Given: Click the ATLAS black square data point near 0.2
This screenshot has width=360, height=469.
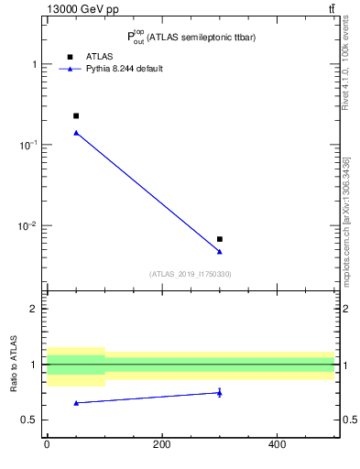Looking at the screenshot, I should (76, 115).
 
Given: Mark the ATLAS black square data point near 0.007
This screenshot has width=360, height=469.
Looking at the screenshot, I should (220, 239).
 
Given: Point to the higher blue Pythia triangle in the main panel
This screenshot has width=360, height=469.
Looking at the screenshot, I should (76, 133).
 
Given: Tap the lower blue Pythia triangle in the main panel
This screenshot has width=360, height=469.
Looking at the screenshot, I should (220, 251).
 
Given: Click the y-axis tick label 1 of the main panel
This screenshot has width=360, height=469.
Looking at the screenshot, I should (35, 64).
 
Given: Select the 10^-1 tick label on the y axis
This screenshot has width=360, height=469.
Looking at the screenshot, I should (29, 145).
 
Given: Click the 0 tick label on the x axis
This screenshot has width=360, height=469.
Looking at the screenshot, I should (47, 446).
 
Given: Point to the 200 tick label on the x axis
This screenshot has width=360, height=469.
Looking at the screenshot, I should (162, 446).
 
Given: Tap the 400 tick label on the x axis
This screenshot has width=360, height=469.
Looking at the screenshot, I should (278, 446).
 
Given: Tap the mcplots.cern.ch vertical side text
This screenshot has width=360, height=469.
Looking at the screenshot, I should (346, 220).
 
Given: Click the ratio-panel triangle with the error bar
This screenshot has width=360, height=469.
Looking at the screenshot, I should (220, 393).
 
